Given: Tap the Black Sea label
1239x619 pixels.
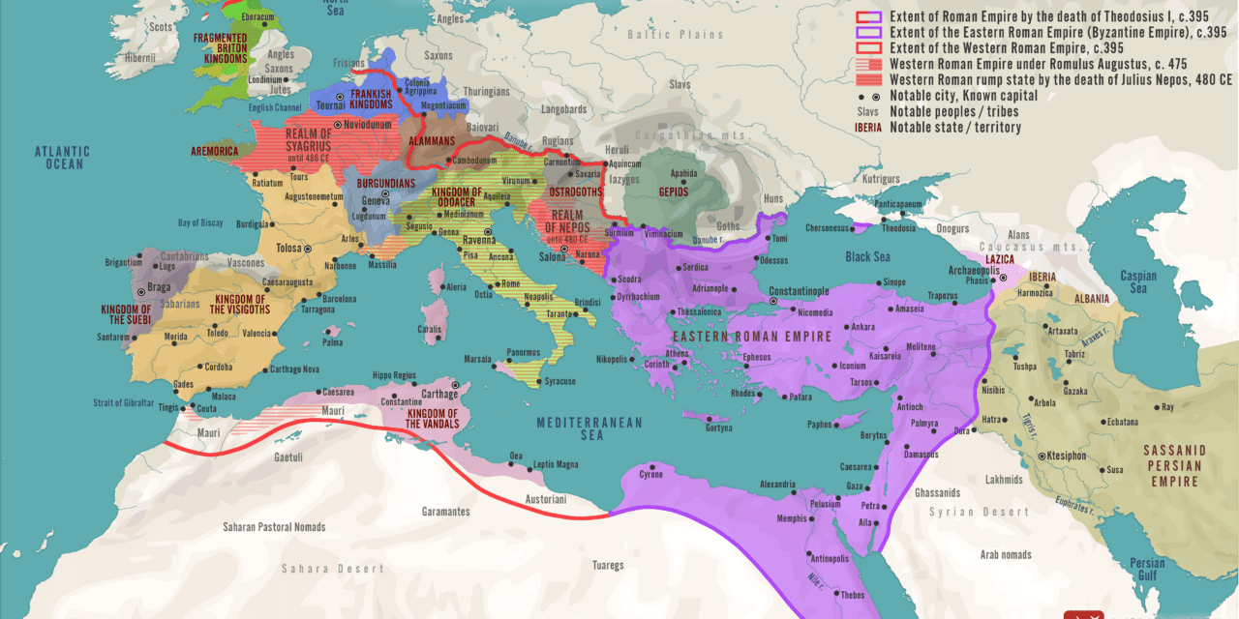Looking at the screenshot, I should tap(866, 256).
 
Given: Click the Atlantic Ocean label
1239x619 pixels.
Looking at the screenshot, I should tap(62, 158).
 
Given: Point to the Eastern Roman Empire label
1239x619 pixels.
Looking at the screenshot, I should tap(752, 337).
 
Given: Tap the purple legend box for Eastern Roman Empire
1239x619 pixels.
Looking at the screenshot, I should tap(871, 32).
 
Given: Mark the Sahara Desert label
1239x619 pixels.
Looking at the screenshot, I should tap(332, 569).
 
